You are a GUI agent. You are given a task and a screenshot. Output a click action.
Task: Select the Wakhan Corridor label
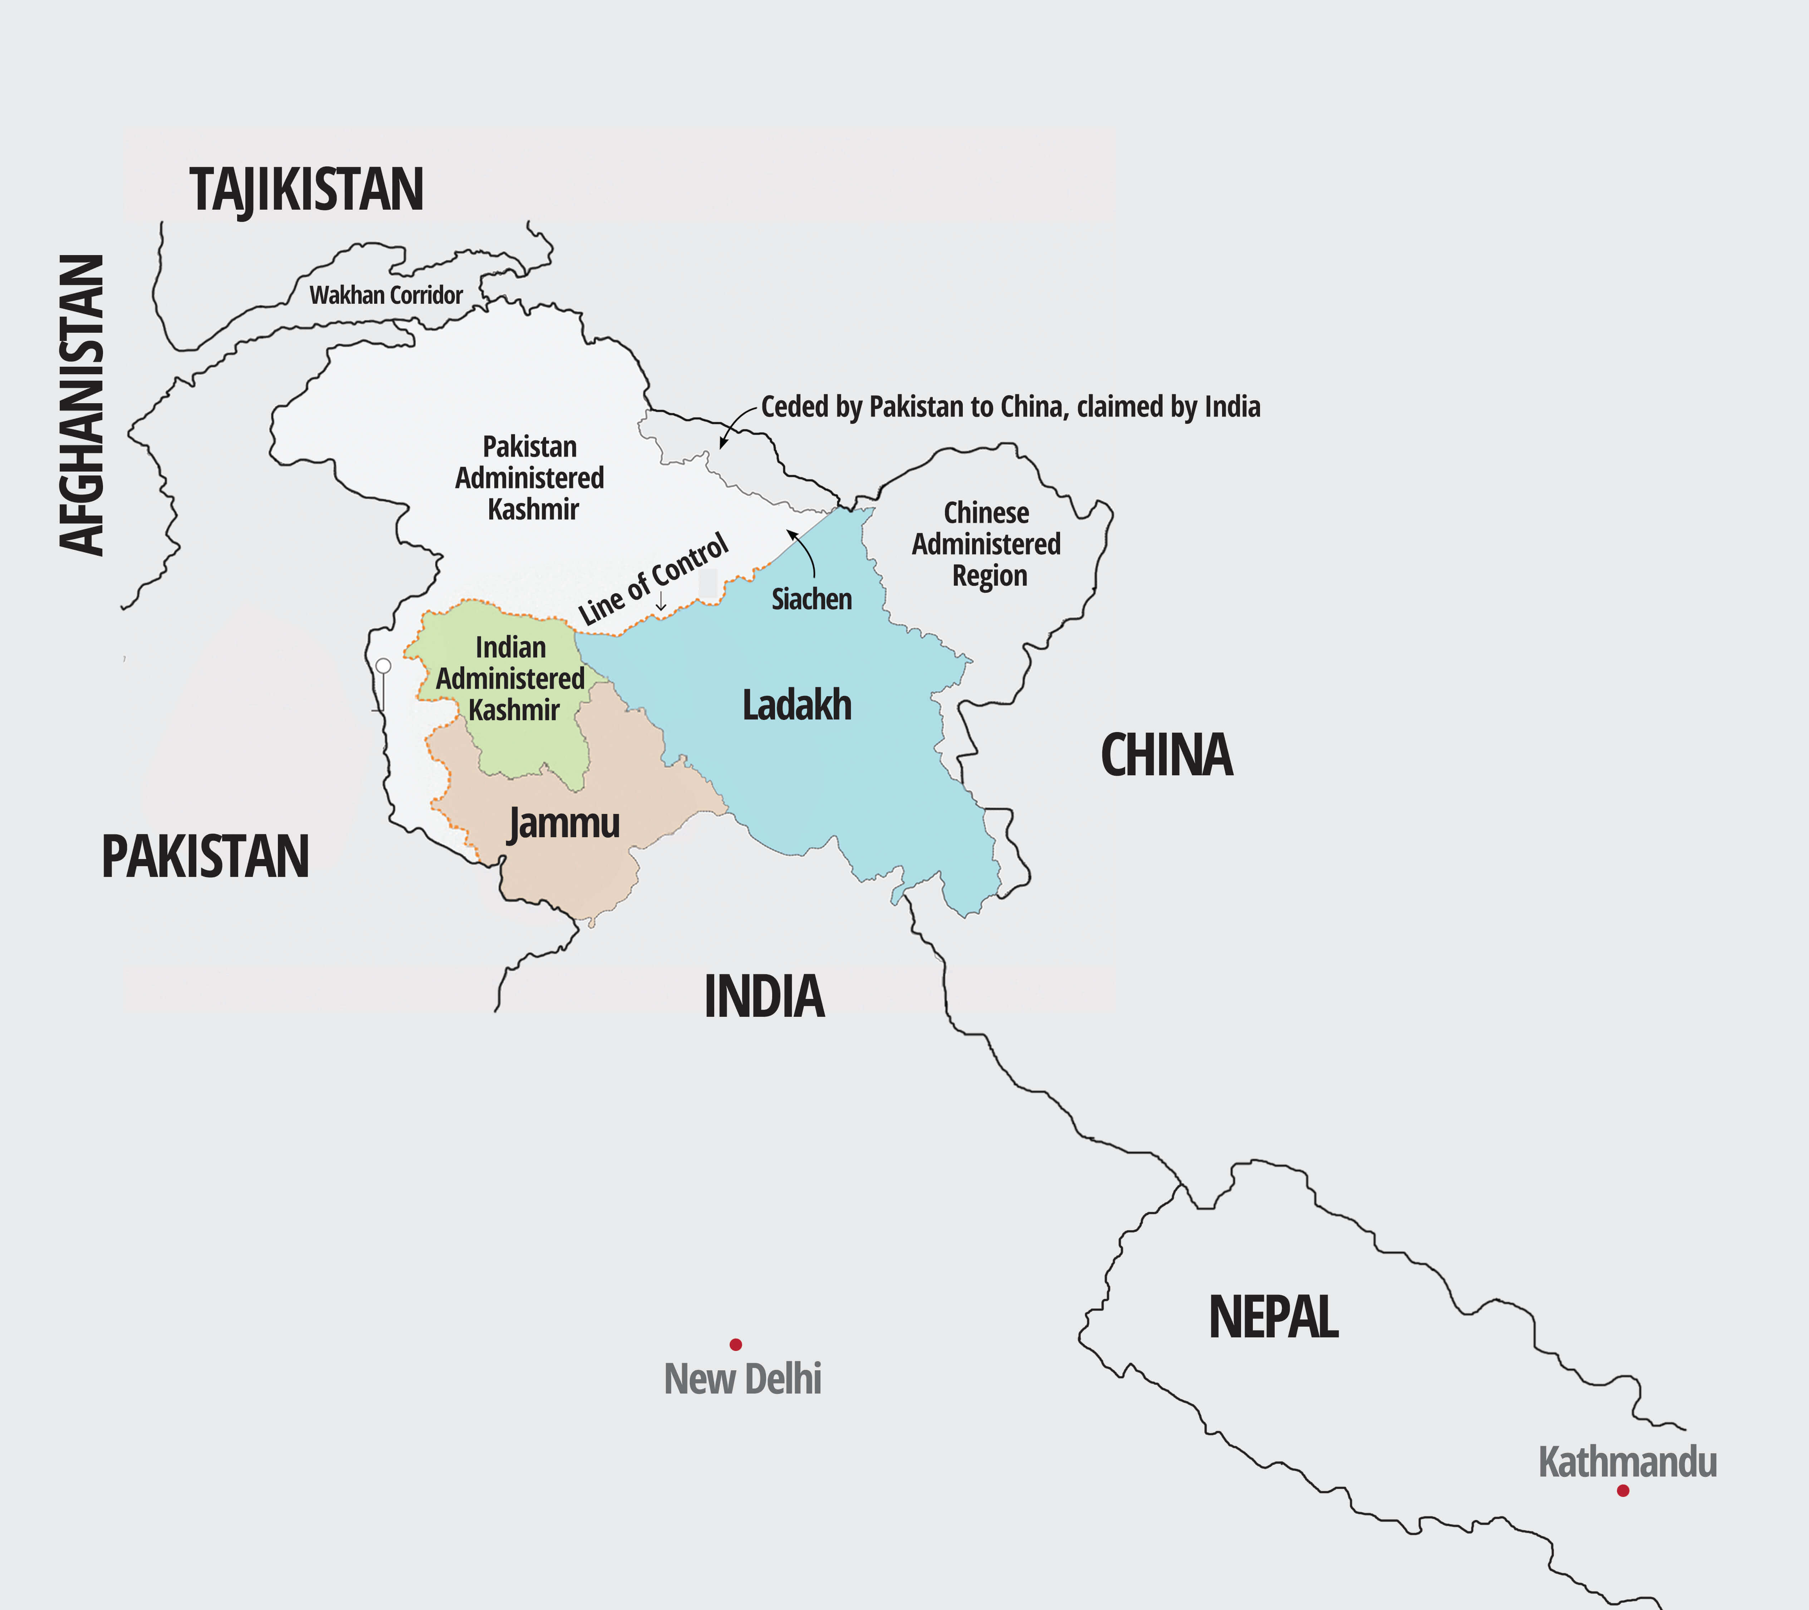[x=386, y=295]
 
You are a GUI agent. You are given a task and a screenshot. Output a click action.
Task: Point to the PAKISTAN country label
[x=205, y=857]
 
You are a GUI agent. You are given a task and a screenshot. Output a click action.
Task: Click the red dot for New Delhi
[x=735, y=1345]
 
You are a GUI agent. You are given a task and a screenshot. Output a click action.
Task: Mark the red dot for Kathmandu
[x=1622, y=1491]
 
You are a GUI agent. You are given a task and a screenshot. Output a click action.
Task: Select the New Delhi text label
[x=742, y=1379]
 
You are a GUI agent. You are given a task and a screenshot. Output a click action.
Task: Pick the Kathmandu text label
[x=1628, y=1462]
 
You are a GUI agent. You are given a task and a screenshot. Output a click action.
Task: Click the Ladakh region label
[x=796, y=706]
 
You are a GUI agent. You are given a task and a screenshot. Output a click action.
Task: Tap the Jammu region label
[x=564, y=823]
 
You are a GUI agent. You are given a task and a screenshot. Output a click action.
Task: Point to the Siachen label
[x=812, y=599]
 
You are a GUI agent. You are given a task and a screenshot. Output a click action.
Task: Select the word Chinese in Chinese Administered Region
[x=986, y=513]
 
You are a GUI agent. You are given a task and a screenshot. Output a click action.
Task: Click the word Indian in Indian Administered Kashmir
[x=511, y=647]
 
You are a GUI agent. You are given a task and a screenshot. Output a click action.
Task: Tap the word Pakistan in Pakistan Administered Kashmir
[x=529, y=447]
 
